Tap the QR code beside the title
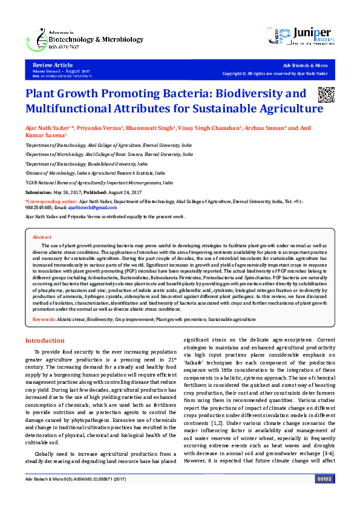click(326, 96)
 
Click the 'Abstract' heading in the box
click(42, 238)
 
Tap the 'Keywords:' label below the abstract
click(44, 319)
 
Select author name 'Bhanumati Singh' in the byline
click(151, 128)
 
